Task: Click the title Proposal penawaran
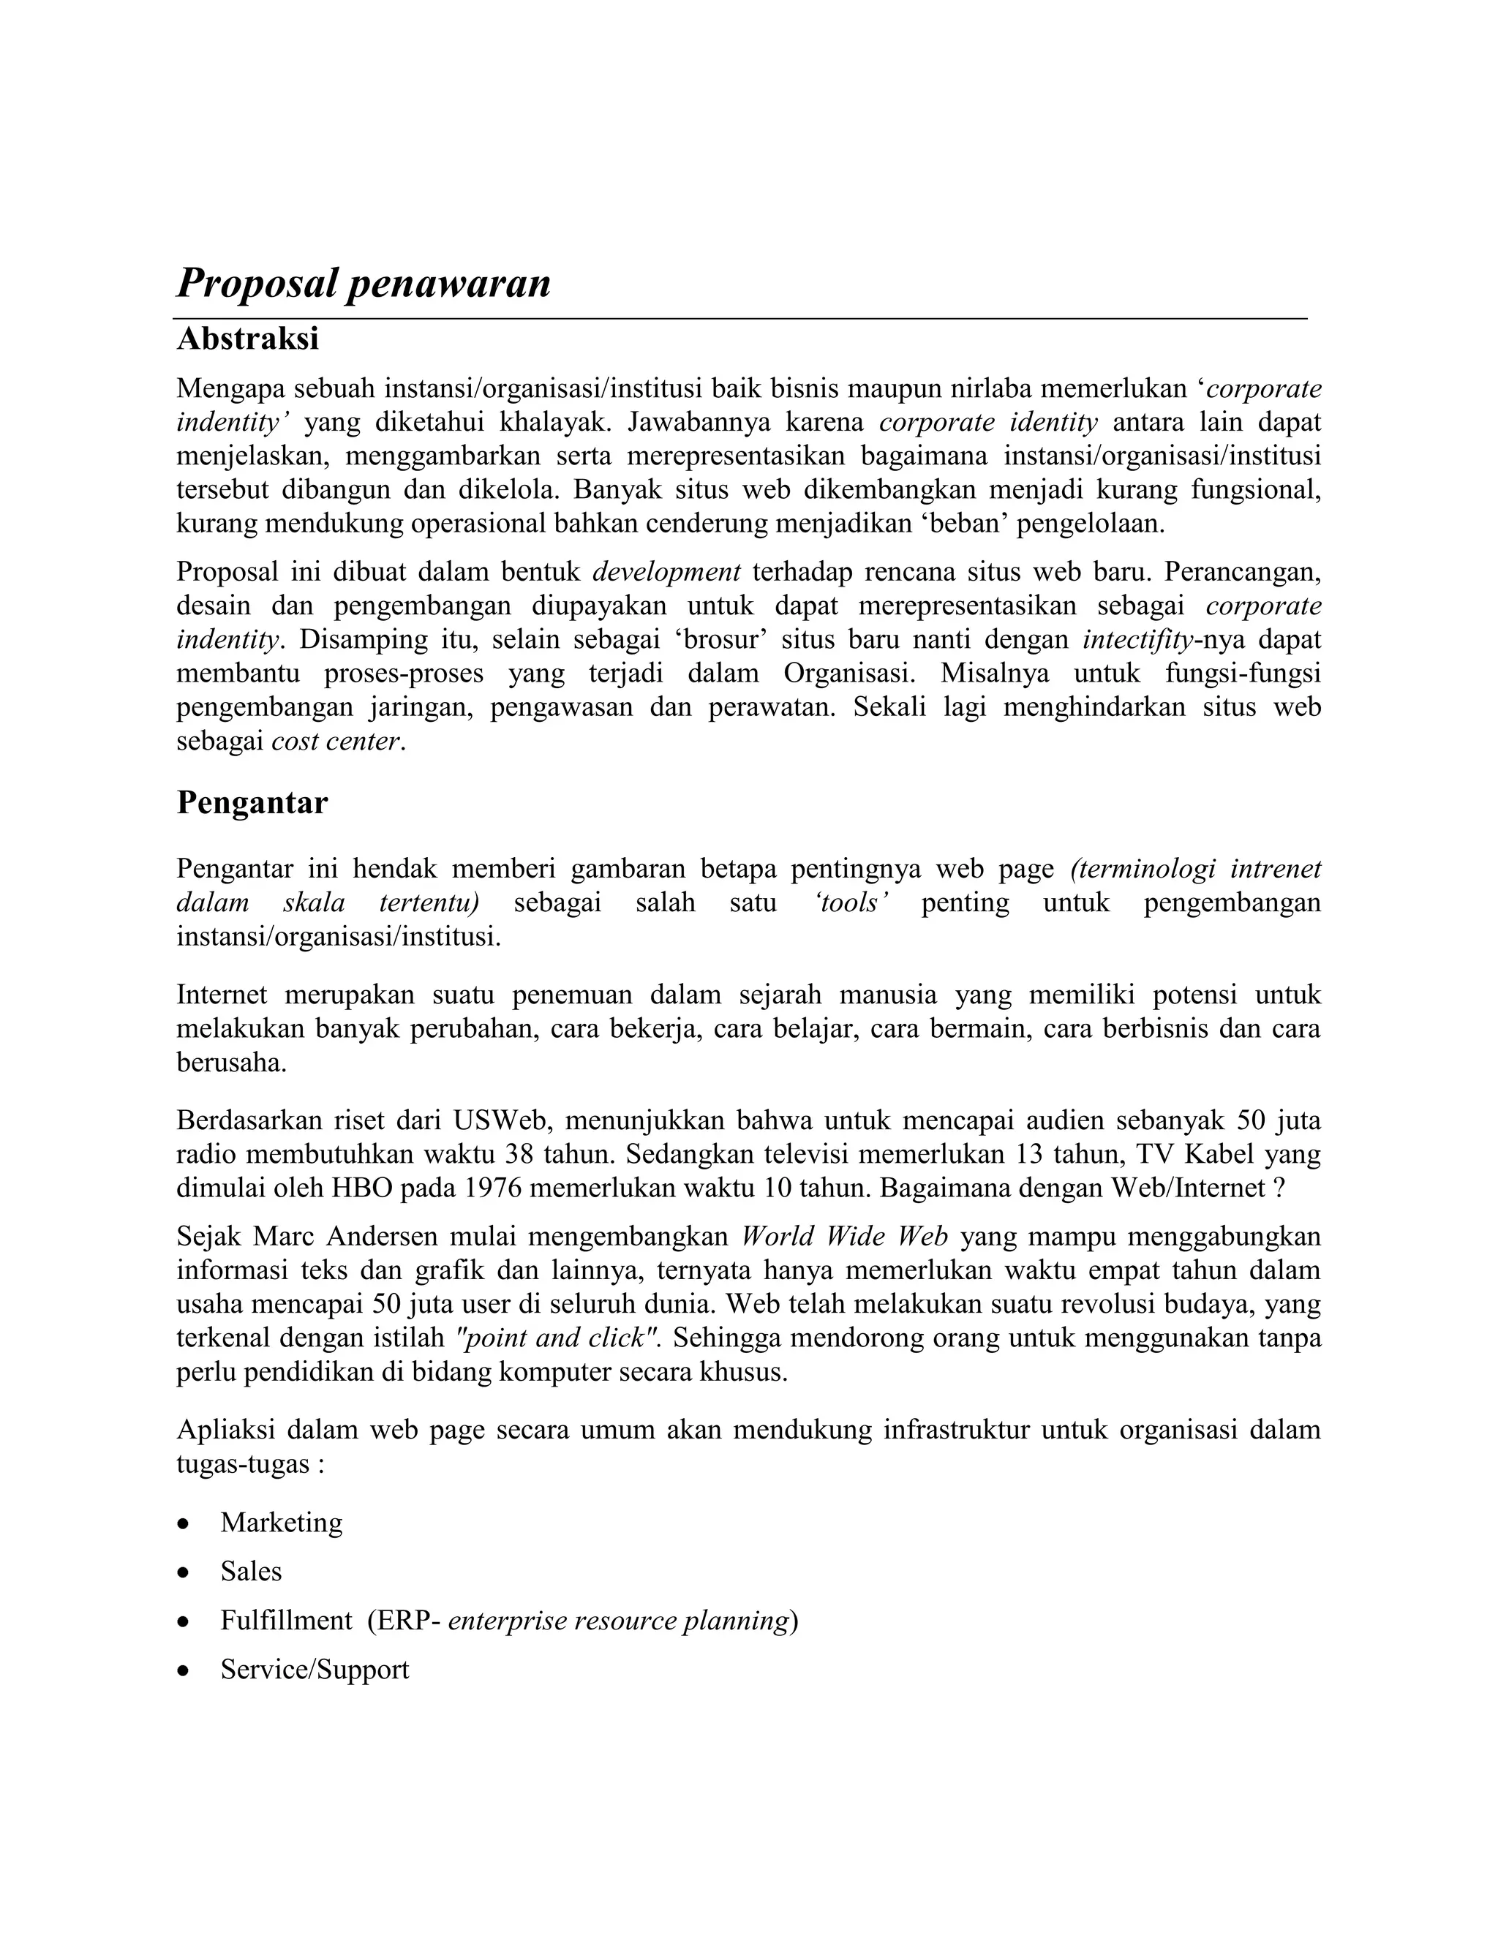(364, 284)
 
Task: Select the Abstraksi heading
(248, 339)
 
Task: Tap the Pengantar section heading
(252, 802)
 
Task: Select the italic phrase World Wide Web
(845, 1236)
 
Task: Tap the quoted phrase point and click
(557, 1338)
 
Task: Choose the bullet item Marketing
(282, 1523)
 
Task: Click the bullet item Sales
(251, 1572)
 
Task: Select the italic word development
(666, 571)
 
